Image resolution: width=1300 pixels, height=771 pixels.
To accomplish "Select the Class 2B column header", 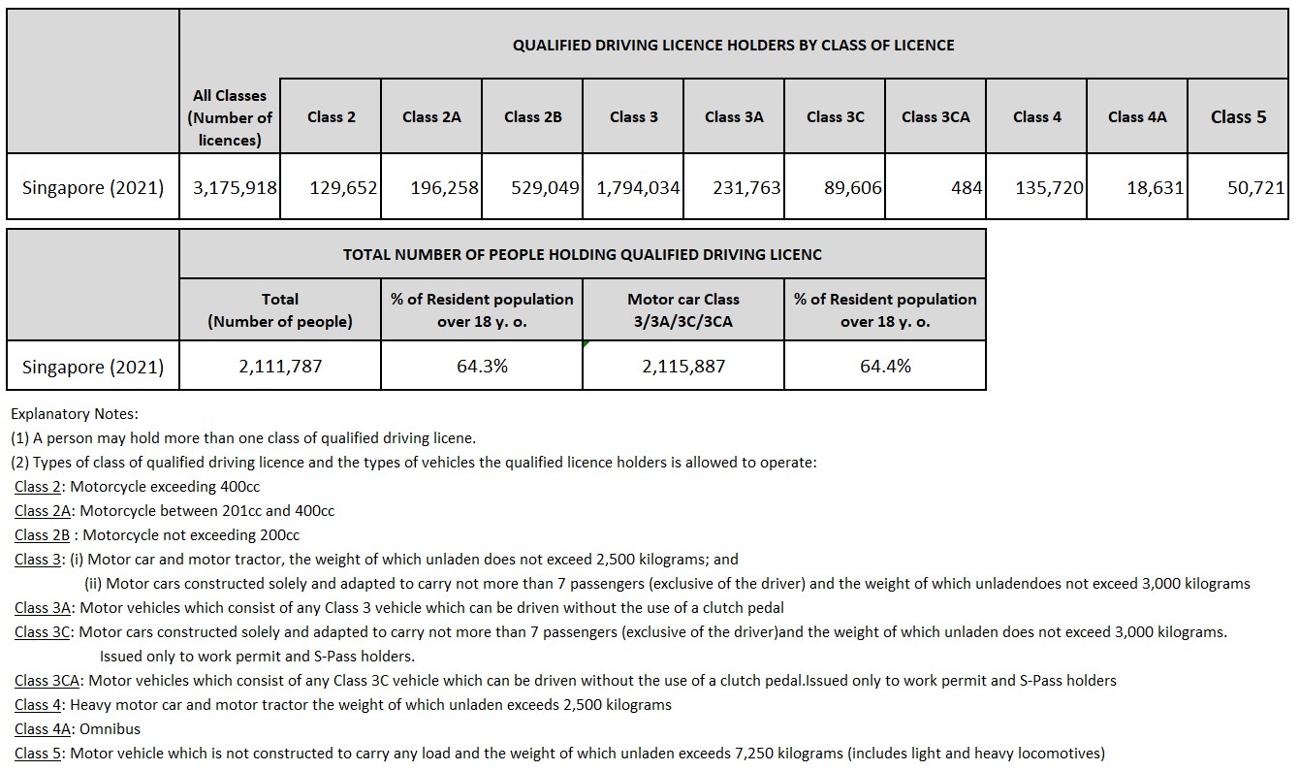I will tap(532, 116).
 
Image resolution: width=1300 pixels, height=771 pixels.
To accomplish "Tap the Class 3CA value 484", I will tap(967, 187).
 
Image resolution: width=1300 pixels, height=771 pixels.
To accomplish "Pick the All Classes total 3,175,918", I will tap(235, 187).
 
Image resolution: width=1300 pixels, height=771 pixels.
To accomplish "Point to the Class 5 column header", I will tap(1238, 116).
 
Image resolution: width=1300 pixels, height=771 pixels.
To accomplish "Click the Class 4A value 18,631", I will tap(1155, 187).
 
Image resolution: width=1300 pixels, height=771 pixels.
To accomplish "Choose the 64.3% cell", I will tap(482, 366).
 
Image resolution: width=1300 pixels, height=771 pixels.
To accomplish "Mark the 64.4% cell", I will tap(885, 366).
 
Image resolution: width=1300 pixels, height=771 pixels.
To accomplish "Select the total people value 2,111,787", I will tap(280, 366).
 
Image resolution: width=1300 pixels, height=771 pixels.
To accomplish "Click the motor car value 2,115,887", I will tap(683, 366).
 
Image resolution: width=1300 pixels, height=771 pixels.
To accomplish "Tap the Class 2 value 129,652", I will tap(343, 187).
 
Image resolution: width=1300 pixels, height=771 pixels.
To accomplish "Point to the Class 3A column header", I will tap(734, 116).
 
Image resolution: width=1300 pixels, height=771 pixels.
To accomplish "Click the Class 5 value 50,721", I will tap(1255, 187).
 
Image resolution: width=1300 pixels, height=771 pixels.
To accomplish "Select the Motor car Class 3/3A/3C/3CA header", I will tap(683, 310).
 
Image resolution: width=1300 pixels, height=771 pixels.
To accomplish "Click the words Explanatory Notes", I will tap(75, 413).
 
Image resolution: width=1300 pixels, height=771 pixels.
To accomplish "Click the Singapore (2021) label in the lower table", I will tap(93, 367).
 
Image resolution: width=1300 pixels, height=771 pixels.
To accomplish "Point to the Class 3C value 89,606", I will tap(852, 187).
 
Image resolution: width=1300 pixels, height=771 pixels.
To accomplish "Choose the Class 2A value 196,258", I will tap(444, 187).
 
